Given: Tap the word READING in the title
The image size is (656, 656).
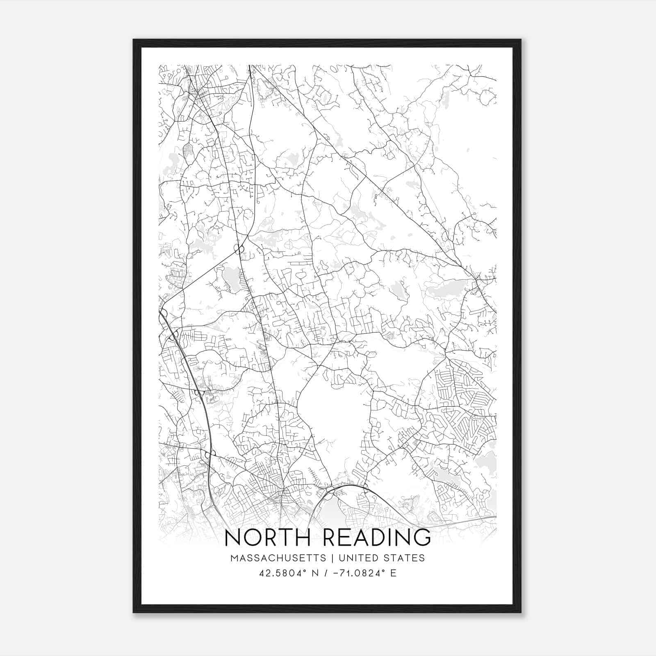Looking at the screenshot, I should (377, 538).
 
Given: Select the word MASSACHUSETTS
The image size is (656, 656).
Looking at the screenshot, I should (278, 558).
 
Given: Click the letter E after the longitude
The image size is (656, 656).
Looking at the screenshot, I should (393, 573).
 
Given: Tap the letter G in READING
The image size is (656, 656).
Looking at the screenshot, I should (421, 538).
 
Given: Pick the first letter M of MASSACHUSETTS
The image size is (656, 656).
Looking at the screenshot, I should (234, 558).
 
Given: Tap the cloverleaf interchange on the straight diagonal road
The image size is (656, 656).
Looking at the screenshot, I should (239, 248).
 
